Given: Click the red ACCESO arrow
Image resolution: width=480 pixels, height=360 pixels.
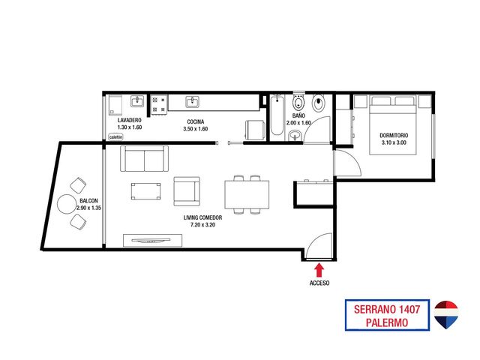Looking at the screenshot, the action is [x=319, y=271].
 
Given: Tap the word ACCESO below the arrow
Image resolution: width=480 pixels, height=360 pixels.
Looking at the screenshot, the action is [x=319, y=283].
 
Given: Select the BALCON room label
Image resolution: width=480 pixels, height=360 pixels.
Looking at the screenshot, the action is [x=88, y=201].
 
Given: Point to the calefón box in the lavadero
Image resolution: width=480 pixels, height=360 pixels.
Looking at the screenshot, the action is [x=116, y=137].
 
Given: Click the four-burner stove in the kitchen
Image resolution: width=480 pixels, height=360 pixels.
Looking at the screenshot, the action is [x=159, y=104].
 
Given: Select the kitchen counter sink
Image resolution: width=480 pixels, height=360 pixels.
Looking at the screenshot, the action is [x=193, y=102].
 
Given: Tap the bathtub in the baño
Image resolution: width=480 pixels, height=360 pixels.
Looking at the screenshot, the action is [x=277, y=115].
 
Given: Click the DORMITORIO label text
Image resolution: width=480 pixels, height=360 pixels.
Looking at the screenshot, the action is [x=394, y=135].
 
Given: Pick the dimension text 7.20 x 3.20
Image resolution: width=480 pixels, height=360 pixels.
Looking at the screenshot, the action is [x=202, y=225].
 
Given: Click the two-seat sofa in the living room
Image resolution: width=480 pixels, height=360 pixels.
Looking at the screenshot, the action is [x=144, y=158].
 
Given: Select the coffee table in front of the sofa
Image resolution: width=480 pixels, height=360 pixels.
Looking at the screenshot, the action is [x=145, y=191].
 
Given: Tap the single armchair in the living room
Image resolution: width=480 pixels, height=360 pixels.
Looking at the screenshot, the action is [x=187, y=191].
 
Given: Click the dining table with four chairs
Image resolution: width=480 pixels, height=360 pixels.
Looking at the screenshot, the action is [x=247, y=195].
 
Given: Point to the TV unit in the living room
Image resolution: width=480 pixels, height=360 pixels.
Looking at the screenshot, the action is [x=153, y=240].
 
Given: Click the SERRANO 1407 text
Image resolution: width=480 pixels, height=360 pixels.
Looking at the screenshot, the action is [x=387, y=309].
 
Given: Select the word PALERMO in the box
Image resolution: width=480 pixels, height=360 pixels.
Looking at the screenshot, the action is [x=387, y=322].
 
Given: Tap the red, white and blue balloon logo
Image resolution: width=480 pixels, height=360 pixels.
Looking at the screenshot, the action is [x=446, y=315].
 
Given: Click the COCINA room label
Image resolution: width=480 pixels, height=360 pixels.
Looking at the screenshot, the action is [x=196, y=121].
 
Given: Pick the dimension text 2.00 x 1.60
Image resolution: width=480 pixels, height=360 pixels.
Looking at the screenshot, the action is [x=298, y=123].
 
